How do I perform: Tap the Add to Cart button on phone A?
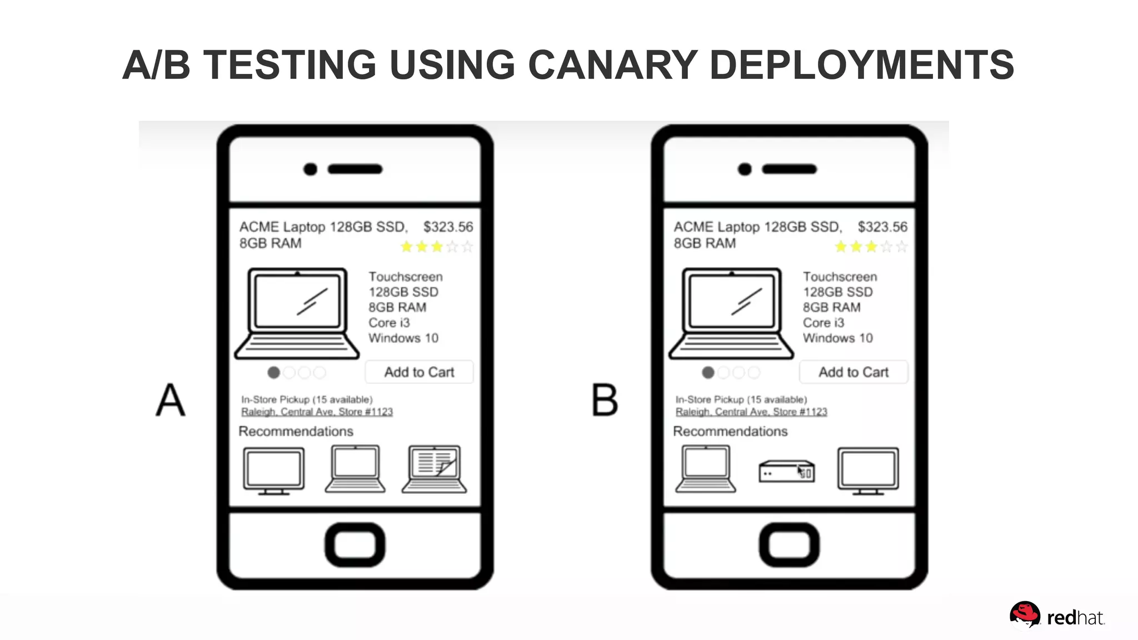[419, 372]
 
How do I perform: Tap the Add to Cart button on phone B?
[853, 372]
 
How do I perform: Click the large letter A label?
[170, 400]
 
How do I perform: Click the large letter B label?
[604, 400]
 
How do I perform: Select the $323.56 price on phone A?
[448, 227]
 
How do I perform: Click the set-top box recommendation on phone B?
[786, 472]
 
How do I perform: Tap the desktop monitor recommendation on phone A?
[273, 470]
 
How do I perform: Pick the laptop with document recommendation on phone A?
[435, 469]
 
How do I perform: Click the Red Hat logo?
[1056, 616]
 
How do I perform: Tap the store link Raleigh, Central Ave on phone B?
[751, 412]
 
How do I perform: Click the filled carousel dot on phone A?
[273, 373]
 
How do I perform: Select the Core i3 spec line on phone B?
[823, 323]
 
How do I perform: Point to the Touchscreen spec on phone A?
[406, 277]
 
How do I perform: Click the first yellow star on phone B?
[841, 247]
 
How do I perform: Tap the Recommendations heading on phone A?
[296, 431]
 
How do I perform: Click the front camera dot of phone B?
[745, 169]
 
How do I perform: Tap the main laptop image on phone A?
[297, 313]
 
